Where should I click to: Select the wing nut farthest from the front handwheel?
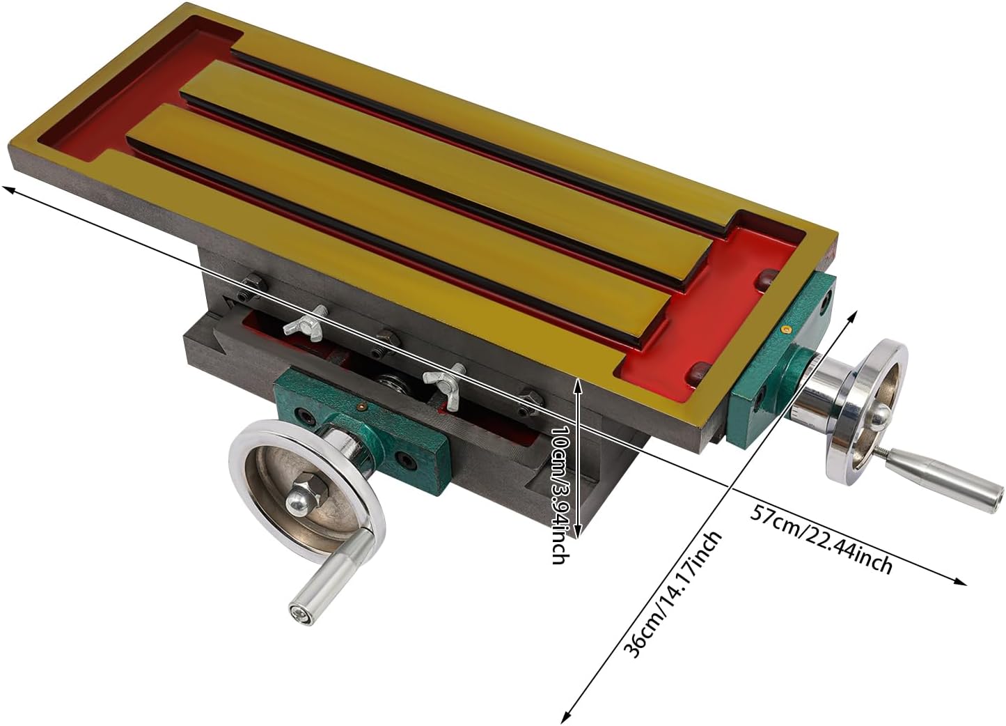pos(306,322)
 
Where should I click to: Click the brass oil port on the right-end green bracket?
pos(784,329)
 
